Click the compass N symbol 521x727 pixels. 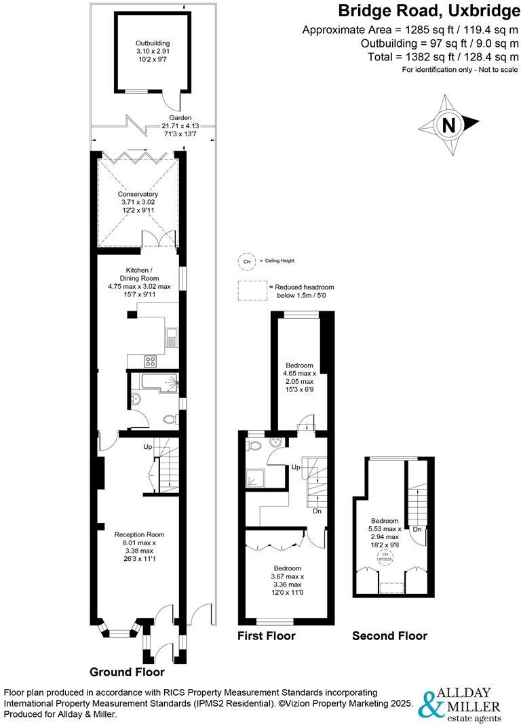[448, 125]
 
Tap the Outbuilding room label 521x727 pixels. [152, 52]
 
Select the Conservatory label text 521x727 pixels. [138, 203]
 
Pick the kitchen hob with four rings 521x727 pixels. [150, 361]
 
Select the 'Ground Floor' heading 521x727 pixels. [127, 673]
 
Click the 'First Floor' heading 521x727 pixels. [266, 636]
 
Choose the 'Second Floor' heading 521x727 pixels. [389, 636]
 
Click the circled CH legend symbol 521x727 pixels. [245, 260]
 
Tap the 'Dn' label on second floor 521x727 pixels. [417, 529]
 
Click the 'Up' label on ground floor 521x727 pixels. [147, 447]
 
